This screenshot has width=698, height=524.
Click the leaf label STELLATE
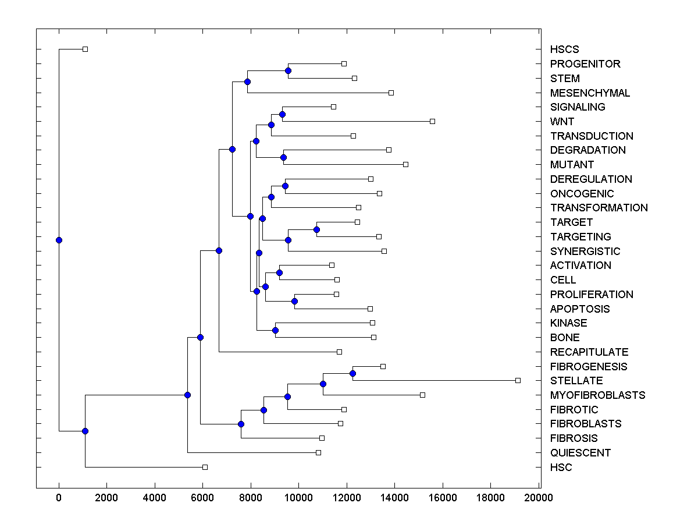click(x=576, y=381)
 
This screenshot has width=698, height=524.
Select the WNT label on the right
click(x=562, y=122)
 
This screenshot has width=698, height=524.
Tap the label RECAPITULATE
click(x=589, y=352)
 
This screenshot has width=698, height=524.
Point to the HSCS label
click(x=564, y=49)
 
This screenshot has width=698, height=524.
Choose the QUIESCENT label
click(x=581, y=453)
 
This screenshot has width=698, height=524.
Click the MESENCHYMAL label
click(x=590, y=93)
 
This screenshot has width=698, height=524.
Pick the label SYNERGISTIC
click(x=585, y=252)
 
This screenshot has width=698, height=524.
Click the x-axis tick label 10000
click(x=298, y=498)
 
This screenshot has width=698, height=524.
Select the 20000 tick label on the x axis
click(x=538, y=498)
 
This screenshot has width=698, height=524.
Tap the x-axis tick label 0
click(x=59, y=498)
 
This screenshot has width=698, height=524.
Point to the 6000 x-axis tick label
click(x=202, y=498)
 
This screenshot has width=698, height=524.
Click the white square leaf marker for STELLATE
click(x=518, y=380)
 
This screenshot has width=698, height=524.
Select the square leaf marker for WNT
click(x=432, y=121)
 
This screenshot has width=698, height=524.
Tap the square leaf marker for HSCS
click(x=85, y=49)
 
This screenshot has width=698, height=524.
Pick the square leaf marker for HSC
click(x=205, y=467)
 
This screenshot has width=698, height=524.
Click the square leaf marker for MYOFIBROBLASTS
click(x=422, y=395)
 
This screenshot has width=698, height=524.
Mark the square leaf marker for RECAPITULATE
click(x=339, y=352)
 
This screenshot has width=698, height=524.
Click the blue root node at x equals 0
click(x=59, y=240)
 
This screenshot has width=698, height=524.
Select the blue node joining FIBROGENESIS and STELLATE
click(x=352, y=373)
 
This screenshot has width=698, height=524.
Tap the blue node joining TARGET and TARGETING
click(x=316, y=229)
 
